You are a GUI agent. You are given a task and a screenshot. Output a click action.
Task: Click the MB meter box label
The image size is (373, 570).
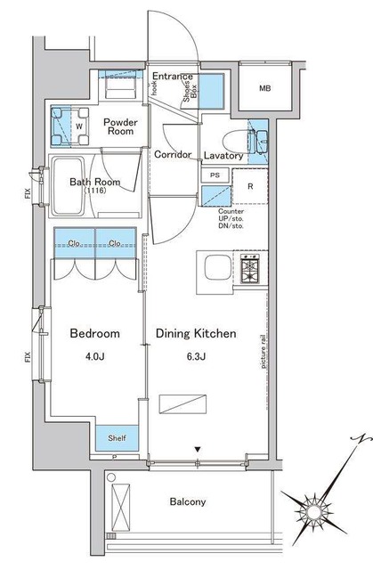click(x=265, y=88)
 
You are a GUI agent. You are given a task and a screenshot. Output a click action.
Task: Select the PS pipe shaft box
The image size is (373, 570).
click(x=215, y=175)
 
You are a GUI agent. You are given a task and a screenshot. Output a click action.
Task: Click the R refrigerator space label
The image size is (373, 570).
click(x=250, y=186)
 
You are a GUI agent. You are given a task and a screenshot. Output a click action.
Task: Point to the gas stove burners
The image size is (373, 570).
click(x=250, y=269)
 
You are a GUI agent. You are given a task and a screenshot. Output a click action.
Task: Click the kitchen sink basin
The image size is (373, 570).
click(x=217, y=267)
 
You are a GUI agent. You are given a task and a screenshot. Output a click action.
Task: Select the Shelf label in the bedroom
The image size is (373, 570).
click(x=117, y=438)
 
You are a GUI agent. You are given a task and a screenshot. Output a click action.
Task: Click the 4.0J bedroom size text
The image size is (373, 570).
click(x=95, y=356)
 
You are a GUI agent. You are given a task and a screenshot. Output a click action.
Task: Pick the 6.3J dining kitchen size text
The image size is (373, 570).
click(x=196, y=356)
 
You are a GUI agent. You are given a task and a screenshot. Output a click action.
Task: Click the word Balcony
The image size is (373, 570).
click(x=188, y=502)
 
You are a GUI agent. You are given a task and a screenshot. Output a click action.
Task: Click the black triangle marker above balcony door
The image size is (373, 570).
click(x=198, y=450)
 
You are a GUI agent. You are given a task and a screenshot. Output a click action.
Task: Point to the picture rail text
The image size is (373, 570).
click(x=264, y=352)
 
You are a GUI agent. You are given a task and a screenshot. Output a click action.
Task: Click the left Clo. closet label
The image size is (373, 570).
click(x=74, y=243)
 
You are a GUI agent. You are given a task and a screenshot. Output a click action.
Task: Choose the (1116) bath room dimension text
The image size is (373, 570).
click(x=95, y=190)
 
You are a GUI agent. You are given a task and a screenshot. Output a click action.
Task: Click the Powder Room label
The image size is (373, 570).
click(x=120, y=126)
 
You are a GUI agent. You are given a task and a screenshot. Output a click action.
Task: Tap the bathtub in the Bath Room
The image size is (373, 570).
click(x=69, y=186)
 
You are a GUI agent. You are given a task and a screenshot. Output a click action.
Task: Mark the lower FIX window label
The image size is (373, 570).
click(x=28, y=357)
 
